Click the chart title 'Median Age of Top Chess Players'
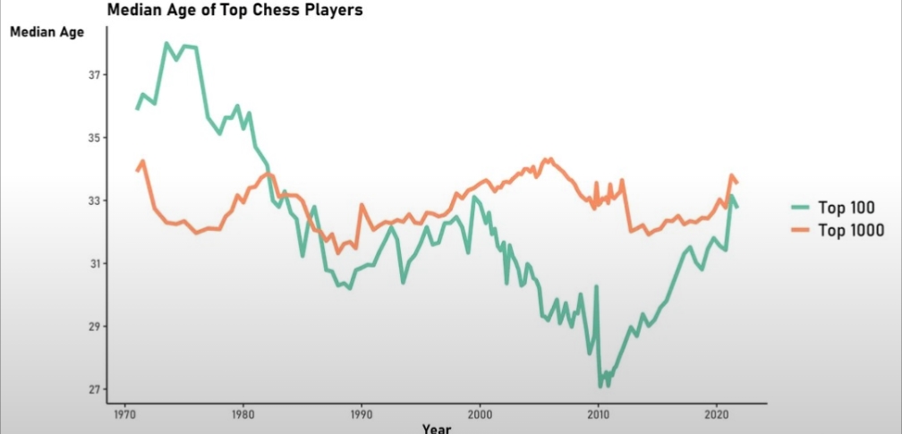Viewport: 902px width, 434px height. coord(234,12)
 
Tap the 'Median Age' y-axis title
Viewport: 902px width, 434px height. coord(47,33)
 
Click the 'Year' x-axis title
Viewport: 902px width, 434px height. coord(437,428)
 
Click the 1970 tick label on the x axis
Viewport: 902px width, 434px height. coord(122,415)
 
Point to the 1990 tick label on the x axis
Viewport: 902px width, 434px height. coord(361,415)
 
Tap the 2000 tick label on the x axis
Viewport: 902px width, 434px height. coord(481,415)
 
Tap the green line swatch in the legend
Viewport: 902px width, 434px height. coord(801,208)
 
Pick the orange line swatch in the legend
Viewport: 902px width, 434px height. coord(801,230)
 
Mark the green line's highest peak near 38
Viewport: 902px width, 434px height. coord(166,43)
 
